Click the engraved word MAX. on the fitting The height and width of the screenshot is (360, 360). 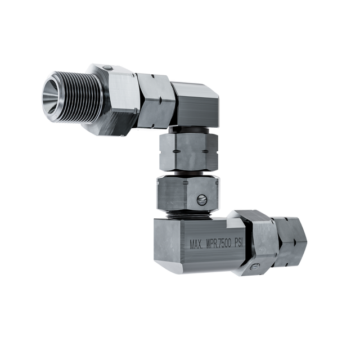tap(196, 245)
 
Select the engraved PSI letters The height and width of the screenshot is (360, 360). tap(238, 244)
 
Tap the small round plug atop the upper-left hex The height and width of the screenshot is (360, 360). tap(107, 67)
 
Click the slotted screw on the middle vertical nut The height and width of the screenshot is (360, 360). tap(201, 199)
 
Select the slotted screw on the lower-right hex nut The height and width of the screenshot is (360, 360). tap(254, 267)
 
